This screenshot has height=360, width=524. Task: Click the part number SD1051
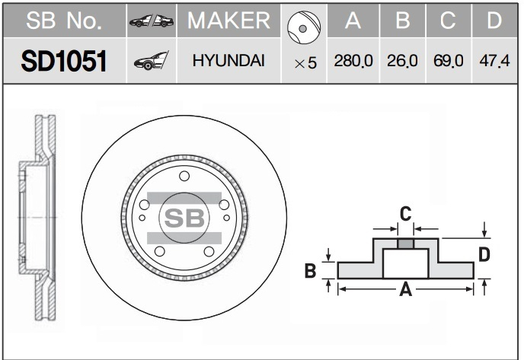(x=64, y=61)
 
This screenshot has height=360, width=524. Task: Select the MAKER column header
(x=229, y=21)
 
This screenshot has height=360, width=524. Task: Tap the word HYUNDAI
(x=228, y=60)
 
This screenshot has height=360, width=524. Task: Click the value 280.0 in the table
(x=353, y=61)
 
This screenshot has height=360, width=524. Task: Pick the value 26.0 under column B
(x=402, y=61)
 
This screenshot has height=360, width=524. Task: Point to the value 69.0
(x=449, y=61)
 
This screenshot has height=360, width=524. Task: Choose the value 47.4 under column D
(x=494, y=61)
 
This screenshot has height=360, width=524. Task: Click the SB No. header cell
(x=64, y=21)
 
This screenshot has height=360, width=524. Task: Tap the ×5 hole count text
(x=305, y=62)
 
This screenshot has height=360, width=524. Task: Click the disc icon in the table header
(x=304, y=27)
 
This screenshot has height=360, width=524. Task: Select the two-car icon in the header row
(x=152, y=21)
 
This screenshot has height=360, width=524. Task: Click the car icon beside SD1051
(x=152, y=61)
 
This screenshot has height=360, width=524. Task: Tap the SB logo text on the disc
(x=184, y=218)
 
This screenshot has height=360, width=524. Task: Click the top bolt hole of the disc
(x=184, y=176)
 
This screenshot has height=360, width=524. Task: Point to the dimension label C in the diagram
(x=405, y=214)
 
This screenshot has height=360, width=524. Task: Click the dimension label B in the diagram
(x=310, y=270)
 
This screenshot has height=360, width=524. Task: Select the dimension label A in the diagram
(x=406, y=289)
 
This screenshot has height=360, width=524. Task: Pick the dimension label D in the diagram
(x=484, y=254)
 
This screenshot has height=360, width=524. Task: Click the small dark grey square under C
(x=405, y=244)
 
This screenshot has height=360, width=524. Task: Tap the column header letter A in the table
(x=353, y=21)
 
